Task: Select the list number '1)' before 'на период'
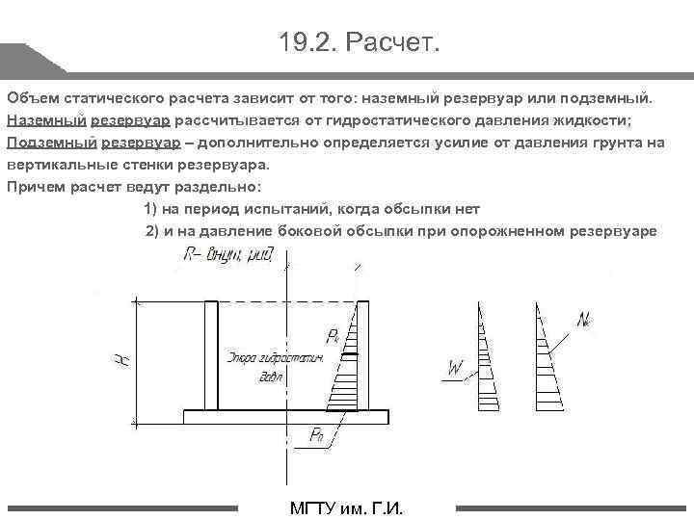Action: [x=151, y=209]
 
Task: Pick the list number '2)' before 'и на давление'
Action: [x=151, y=231]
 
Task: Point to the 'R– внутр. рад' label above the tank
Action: [x=228, y=255]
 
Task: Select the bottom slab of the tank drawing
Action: [x=286, y=417]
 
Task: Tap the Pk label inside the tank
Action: [x=333, y=335]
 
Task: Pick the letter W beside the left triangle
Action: [x=456, y=367]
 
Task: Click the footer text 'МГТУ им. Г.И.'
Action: [x=346, y=509]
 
